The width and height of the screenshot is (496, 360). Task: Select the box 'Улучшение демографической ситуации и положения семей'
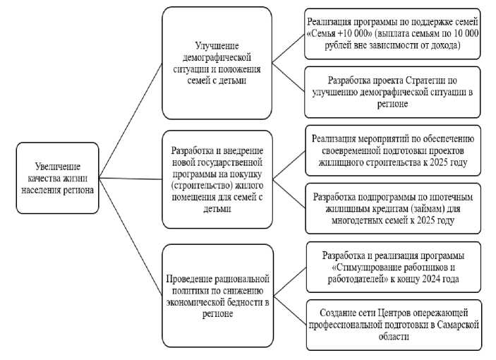pyautogui.click(x=217, y=63)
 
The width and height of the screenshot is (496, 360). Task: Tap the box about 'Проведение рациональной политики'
pyautogui.click(x=217, y=295)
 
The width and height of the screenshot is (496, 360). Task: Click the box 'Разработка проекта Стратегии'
pyautogui.click(x=392, y=92)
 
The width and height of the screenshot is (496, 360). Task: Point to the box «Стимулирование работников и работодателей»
pyautogui.click(x=392, y=266)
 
